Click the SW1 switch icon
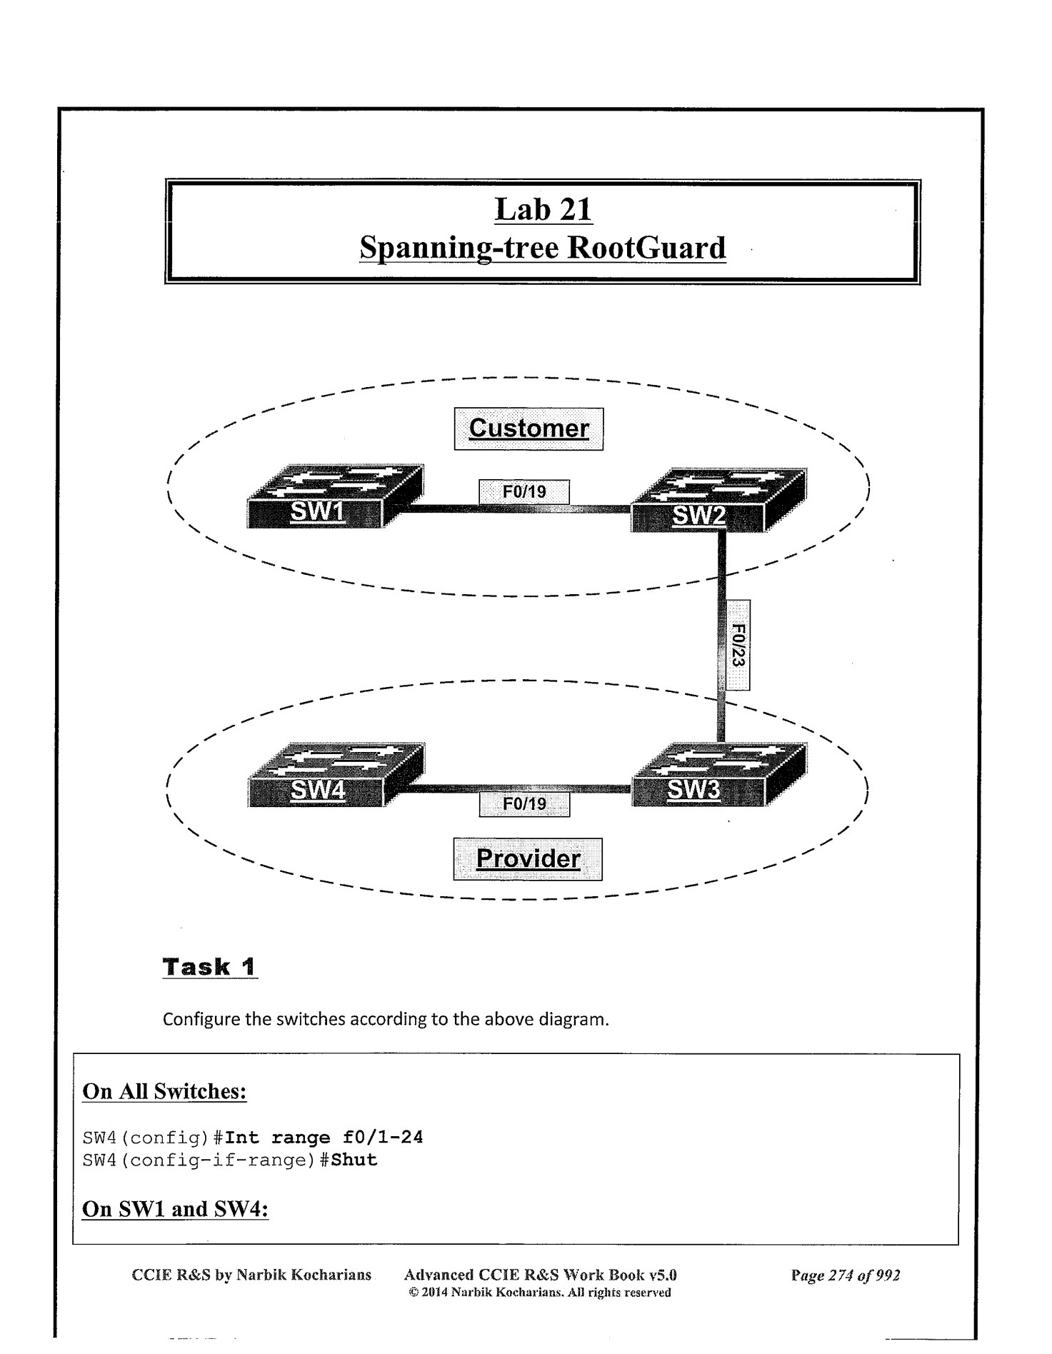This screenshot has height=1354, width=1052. pos(334,497)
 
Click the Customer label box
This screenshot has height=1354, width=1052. pos(528,428)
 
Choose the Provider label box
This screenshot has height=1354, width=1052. pos(528,858)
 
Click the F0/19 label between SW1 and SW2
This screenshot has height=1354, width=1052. pos(524,492)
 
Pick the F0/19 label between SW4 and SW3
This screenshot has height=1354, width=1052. pos(524,804)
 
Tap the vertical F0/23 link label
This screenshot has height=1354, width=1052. pos(738,645)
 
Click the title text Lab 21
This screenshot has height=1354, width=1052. pos(543,210)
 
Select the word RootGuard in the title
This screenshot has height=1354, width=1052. pos(646,248)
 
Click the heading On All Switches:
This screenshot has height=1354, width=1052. pos(164,1091)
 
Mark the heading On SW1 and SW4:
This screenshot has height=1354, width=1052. pos(175,1209)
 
